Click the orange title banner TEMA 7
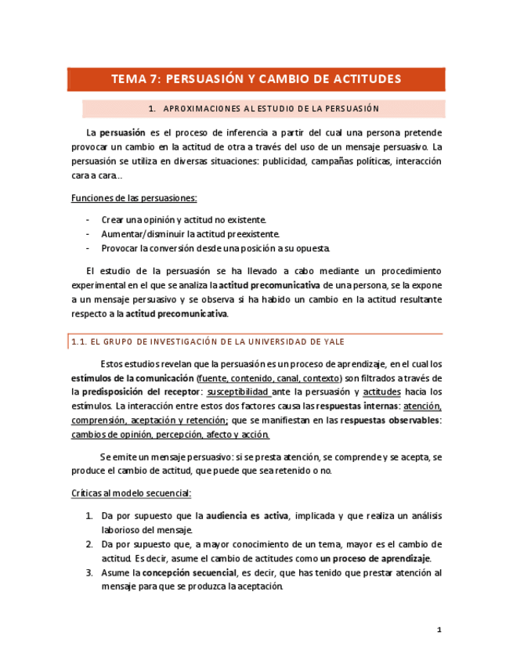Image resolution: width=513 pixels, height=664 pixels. point(256,79)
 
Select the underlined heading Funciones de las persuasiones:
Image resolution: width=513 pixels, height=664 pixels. point(134,197)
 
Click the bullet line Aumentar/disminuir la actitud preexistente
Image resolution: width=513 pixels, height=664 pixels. point(190,234)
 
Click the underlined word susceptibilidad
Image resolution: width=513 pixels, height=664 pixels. point(239,392)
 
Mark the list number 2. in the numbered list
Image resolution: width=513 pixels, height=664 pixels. point(89,544)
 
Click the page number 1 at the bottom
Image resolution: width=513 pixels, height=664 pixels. point(439,630)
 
